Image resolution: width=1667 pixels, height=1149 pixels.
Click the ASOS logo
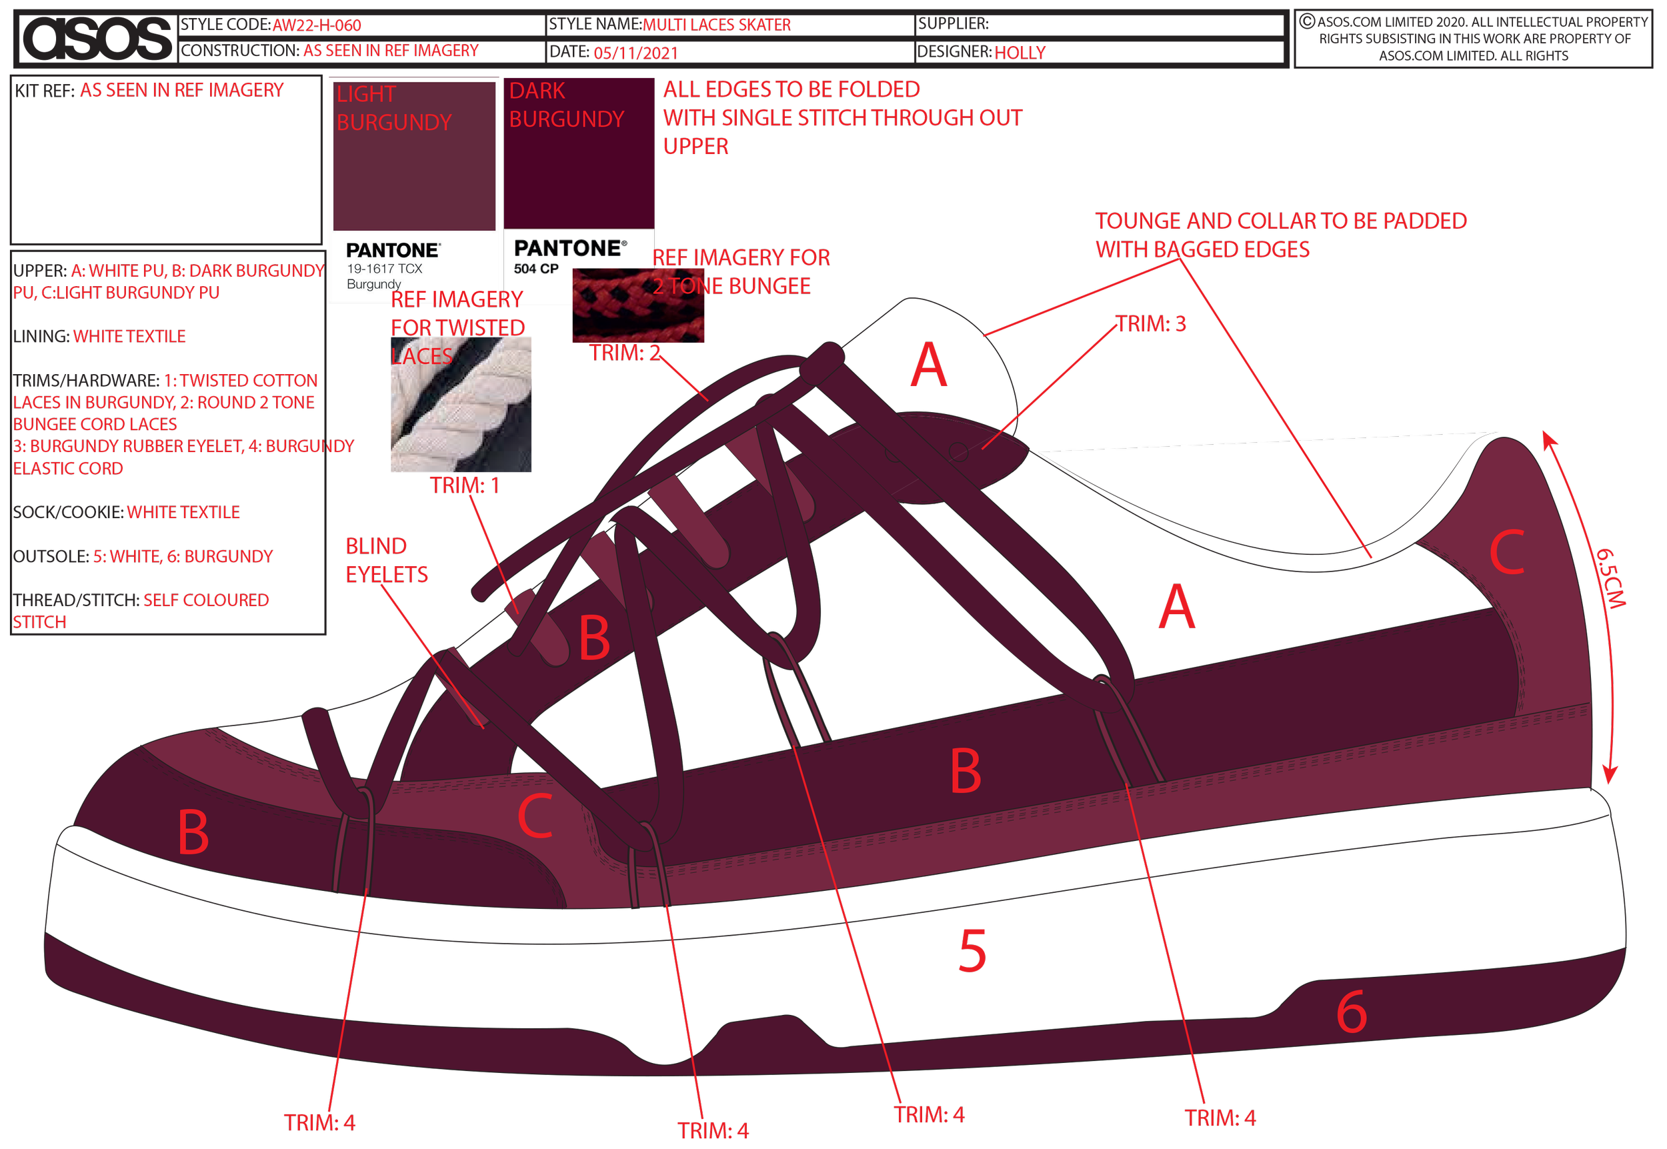point(97,37)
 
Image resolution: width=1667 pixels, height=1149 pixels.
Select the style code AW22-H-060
point(317,25)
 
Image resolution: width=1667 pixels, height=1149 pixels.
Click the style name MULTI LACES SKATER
point(716,25)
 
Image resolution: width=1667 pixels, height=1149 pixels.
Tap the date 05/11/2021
point(635,53)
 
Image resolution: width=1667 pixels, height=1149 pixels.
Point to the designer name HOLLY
point(1020,53)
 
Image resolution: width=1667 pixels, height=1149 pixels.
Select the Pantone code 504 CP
point(536,269)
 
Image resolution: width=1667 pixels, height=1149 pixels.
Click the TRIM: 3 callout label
point(1150,324)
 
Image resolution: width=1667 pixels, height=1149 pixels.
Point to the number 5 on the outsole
point(972,951)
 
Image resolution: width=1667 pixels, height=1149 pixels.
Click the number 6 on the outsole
point(1351,1012)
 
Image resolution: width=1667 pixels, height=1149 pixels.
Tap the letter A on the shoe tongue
point(928,365)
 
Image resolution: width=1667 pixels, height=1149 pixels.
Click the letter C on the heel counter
point(1506,553)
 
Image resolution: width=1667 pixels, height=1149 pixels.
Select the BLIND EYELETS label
point(387,560)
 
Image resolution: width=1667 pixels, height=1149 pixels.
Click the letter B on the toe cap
point(193,833)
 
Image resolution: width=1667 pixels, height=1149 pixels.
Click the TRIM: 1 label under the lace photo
point(464,485)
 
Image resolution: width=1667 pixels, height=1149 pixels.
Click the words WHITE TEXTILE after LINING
point(129,336)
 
